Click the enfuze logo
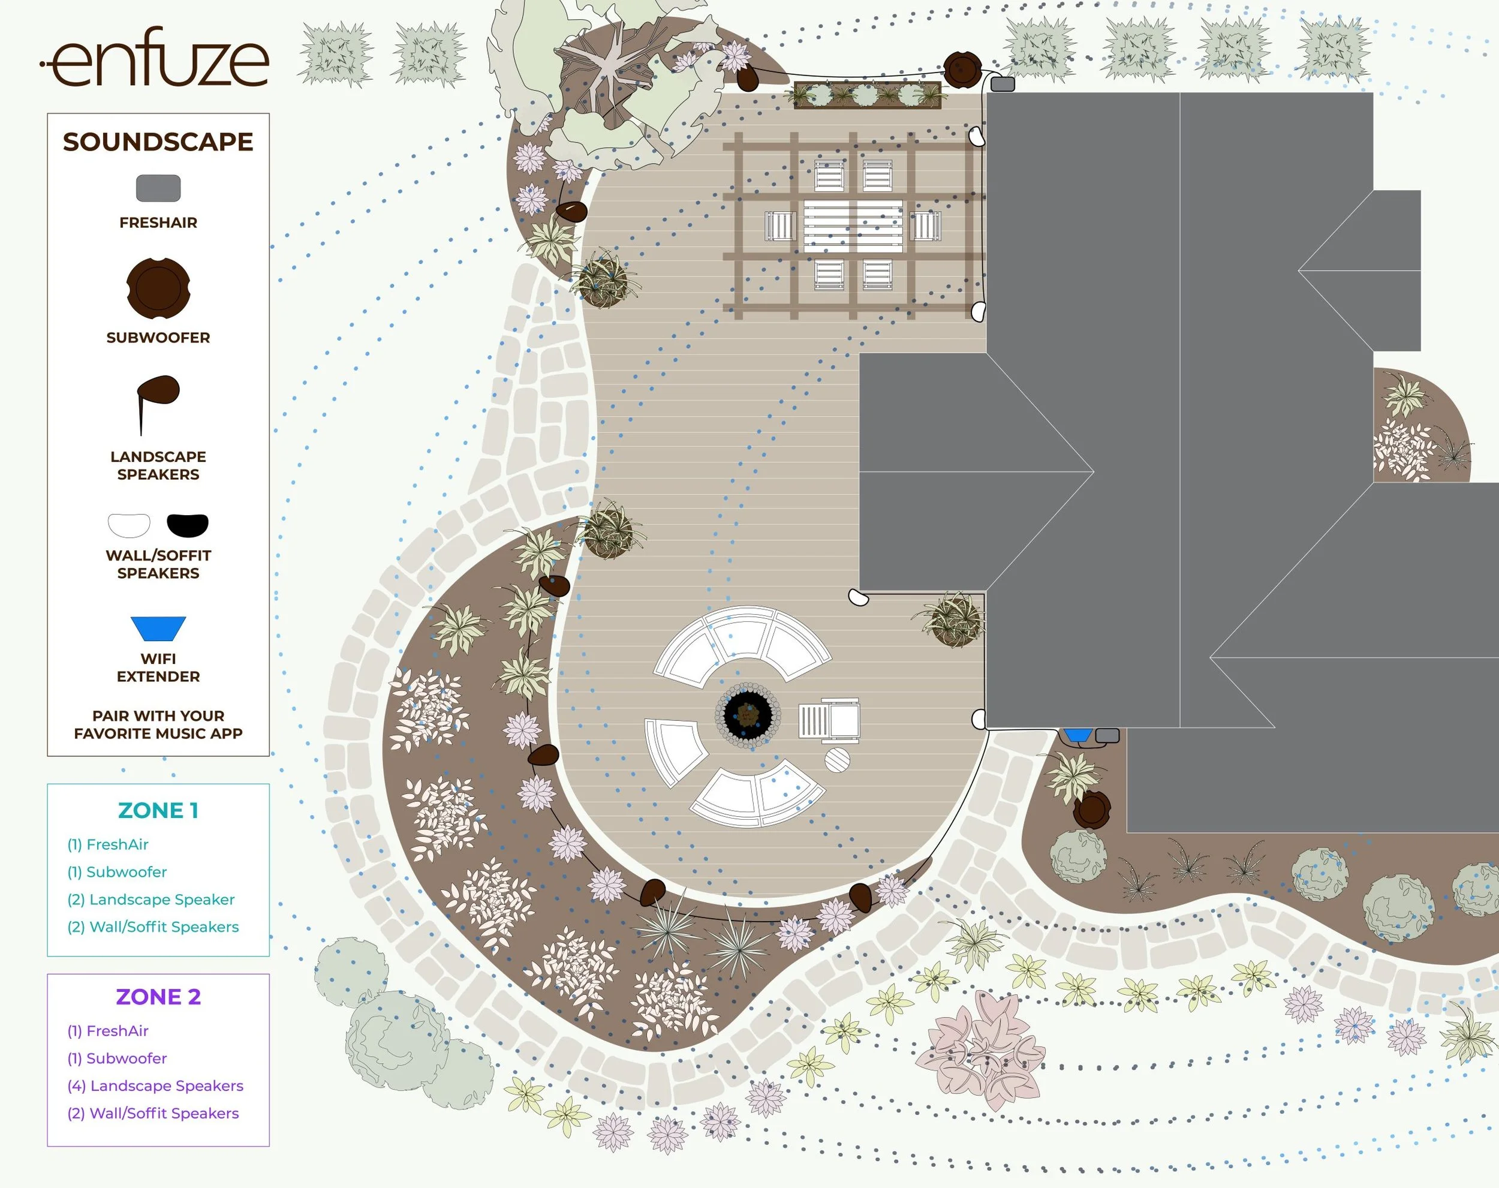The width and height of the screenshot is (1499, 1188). (x=154, y=57)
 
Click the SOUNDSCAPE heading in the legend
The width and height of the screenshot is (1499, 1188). (x=158, y=142)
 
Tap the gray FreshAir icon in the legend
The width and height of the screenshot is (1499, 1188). (x=158, y=188)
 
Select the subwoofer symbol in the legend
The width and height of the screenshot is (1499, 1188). (x=158, y=288)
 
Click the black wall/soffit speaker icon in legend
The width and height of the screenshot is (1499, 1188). (x=188, y=525)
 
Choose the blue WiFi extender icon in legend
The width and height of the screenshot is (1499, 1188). (x=158, y=628)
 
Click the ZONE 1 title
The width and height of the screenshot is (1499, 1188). (x=158, y=810)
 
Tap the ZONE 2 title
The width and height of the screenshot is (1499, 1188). (x=158, y=997)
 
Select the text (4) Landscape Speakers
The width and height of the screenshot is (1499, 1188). (x=155, y=1086)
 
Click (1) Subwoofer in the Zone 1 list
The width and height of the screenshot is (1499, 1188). (x=117, y=871)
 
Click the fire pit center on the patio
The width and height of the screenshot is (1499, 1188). (x=748, y=714)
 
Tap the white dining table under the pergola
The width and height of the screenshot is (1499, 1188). (x=853, y=226)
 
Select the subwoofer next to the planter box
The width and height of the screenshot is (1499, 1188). (x=962, y=68)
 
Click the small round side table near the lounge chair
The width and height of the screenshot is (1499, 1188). (x=837, y=759)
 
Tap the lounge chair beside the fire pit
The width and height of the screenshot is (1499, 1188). (x=829, y=721)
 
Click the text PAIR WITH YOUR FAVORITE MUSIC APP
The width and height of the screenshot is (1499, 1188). (x=158, y=724)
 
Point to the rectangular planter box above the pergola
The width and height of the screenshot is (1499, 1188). (x=867, y=95)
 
